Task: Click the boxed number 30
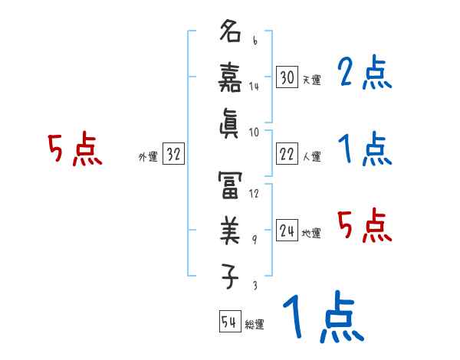point(287,77)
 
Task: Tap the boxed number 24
point(287,231)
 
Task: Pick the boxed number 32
point(173,155)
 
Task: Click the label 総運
point(255,324)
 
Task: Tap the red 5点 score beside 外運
point(75,149)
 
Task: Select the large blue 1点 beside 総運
point(322,317)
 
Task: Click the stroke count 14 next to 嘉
point(254,87)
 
